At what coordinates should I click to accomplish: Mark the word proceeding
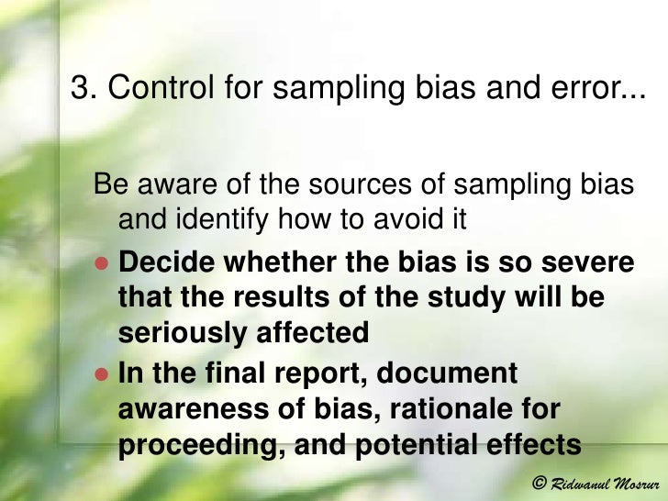(x=201, y=444)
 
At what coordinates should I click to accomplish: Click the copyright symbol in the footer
(x=540, y=483)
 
